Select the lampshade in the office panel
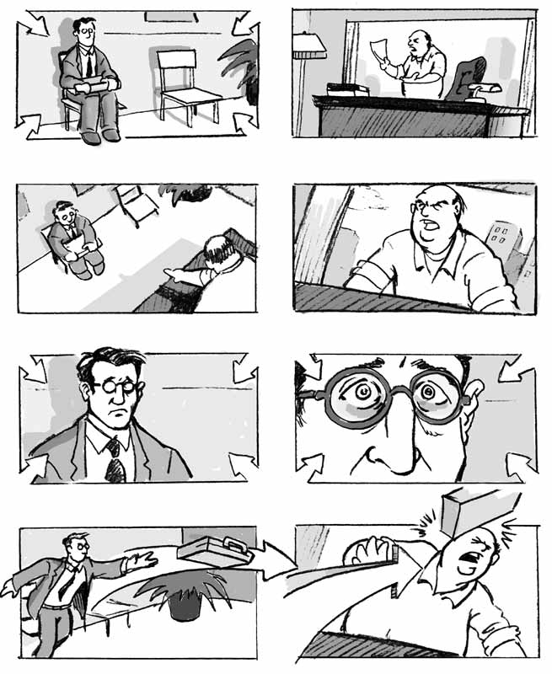click(308, 46)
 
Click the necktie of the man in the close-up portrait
click(113, 459)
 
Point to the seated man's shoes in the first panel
click(101, 134)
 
